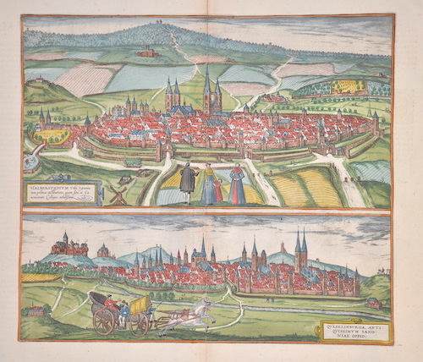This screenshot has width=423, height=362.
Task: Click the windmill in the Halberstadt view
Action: (118, 195)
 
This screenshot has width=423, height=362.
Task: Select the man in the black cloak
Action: (188, 184)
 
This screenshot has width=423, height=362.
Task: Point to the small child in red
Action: (220, 189)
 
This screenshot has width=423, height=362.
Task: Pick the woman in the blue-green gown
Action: (207, 184)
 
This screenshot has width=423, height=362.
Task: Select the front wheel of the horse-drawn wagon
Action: (140, 323)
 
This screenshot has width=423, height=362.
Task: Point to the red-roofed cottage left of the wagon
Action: (36, 311)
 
